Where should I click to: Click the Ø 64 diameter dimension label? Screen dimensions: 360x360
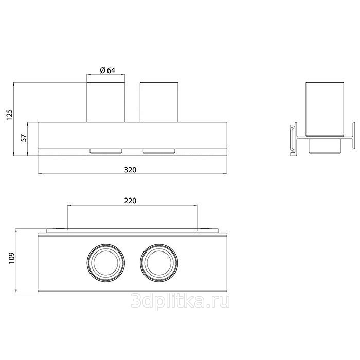(x=107, y=70)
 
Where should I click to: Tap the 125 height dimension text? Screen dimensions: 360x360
(x=9, y=115)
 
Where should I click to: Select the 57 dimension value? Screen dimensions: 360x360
(x=24, y=138)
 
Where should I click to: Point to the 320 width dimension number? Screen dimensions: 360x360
(x=130, y=170)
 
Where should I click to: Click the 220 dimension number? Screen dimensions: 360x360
(x=130, y=201)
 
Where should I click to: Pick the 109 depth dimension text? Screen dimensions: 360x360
(x=12, y=258)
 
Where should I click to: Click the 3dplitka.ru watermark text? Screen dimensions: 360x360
(x=180, y=301)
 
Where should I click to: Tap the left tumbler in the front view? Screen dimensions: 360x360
(x=105, y=102)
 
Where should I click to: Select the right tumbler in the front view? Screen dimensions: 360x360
(x=159, y=102)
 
